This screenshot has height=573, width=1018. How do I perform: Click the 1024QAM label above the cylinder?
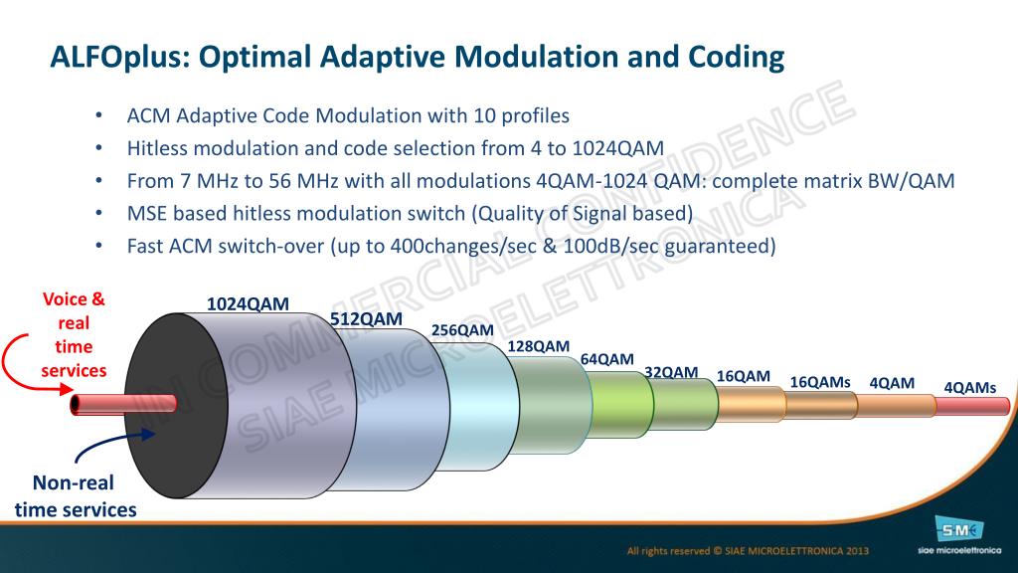point(248,304)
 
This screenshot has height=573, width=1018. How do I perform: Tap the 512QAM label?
point(366,319)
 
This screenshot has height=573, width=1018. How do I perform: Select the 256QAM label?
point(462,330)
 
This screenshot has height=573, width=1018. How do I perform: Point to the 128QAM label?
point(539,346)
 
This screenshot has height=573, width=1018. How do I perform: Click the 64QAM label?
point(606,359)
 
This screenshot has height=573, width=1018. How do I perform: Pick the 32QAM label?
point(671,372)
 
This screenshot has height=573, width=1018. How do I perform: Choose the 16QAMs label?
point(820,382)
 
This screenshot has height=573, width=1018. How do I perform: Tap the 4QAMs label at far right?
point(969,387)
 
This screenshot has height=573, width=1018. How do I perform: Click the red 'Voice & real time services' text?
point(73,334)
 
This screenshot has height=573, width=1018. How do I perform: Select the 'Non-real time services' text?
point(76,496)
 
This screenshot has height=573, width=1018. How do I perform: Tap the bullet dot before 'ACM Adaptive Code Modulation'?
point(99,115)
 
